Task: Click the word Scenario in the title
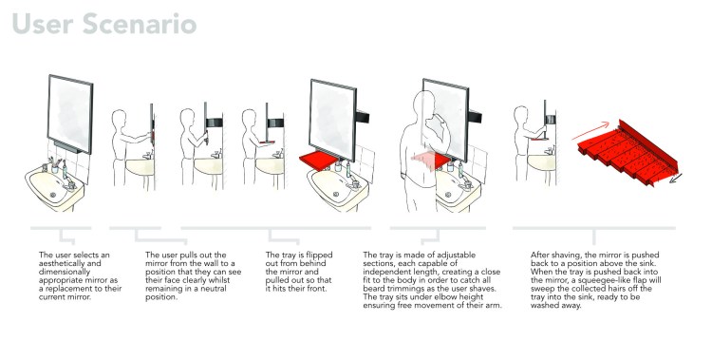point(140,24)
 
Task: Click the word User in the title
point(43,24)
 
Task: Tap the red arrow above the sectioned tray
point(590,130)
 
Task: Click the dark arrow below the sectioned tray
point(676,178)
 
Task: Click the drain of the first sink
point(53,195)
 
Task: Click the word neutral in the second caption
point(210,289)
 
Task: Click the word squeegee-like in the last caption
point(600,280)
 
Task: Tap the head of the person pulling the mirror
point(119,119)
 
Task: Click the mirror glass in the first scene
point(69,114)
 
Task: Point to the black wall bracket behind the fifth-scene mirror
point(363,117)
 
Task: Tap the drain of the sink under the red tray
point(336,195)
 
